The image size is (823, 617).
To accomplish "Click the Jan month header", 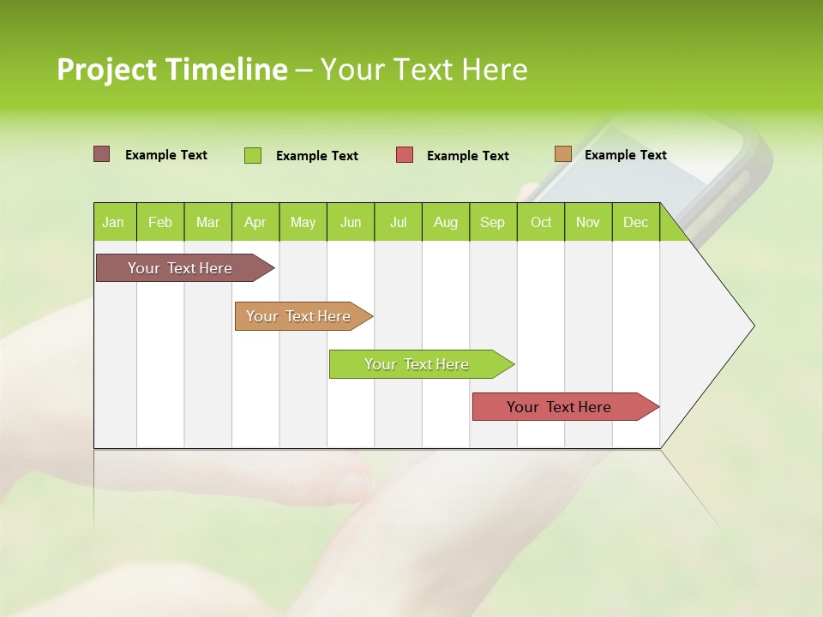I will [x=113, y=222].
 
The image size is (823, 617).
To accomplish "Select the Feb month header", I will [x=160, y=222].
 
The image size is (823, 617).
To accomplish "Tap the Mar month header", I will [x=207, y=222].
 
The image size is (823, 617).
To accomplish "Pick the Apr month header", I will [x=255, y=222].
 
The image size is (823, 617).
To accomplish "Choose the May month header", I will [x=303, y=222].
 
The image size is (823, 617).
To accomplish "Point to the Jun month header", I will [x=351, y=222].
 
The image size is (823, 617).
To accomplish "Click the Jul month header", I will [x=398, y=222].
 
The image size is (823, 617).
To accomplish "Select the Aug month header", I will [x=445, y=222].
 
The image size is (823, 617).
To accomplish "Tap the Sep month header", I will [x=492, y=222].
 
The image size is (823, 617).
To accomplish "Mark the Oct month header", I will [x=541, y=222].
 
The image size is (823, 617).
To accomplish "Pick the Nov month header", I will [x=588, y=222].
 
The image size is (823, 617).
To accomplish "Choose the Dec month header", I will [x=635, y=222].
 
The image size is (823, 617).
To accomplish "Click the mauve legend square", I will [x=101, y=154].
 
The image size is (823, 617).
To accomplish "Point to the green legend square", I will [x=253, y=155].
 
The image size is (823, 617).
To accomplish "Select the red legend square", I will [x=405, y=155].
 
